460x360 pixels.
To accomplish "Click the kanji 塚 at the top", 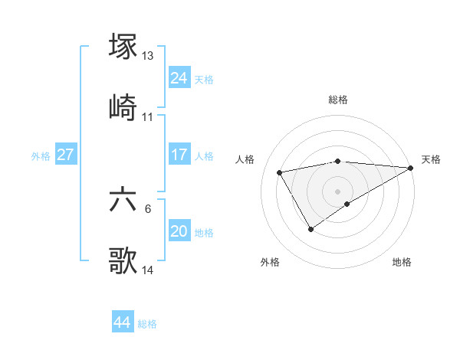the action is point(123,46).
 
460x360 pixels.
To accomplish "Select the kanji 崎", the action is point(123,106).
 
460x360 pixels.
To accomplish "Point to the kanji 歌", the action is point(123,260).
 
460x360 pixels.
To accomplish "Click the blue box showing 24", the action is point(179,78).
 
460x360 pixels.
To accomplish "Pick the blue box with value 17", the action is point(179,155).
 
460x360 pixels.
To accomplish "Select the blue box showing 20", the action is point(179,231).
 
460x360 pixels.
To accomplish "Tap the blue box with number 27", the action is point(66,155).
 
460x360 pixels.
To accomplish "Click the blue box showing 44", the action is point(123,322).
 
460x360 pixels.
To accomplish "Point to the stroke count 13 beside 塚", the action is point(148,56).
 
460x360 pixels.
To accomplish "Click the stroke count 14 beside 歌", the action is point(148,270).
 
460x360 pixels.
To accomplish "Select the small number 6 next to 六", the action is point(148,209).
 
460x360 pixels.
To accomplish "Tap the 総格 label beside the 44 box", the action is point(147,324).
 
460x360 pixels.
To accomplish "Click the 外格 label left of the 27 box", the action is point(41,156).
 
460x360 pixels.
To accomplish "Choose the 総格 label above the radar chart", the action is point(338,100).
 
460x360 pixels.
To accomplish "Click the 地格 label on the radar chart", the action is point(402,263).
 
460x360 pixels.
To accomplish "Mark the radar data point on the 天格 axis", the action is point(411,168).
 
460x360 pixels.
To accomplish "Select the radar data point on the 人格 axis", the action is point(280,172).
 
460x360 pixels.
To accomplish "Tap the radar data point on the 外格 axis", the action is point(310,228).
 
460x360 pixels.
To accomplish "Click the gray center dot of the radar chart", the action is point(338,191).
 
